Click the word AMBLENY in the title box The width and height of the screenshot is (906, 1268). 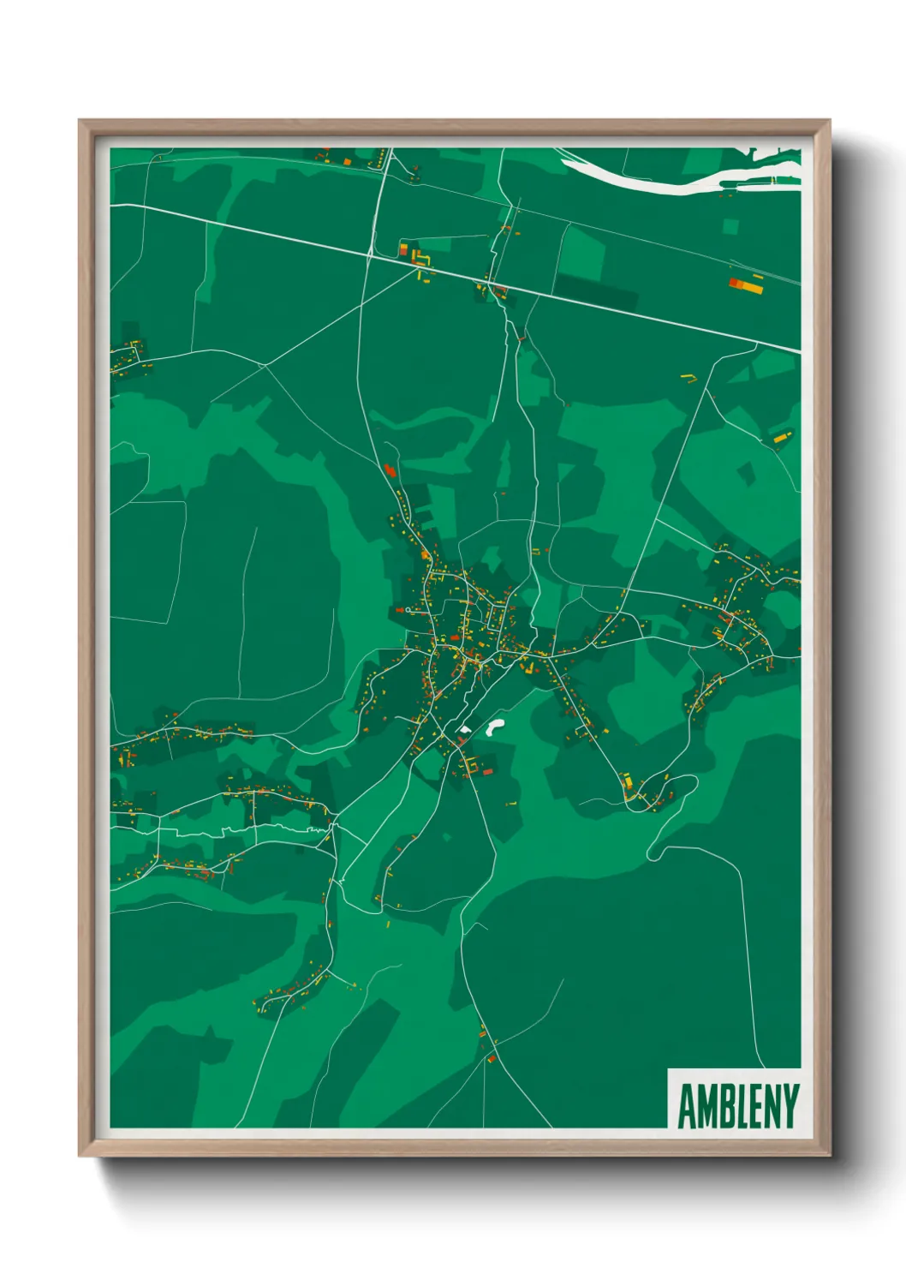tap(738, 1106)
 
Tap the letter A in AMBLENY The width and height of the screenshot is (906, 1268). tap(686, 1106)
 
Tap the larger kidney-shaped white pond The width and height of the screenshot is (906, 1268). tap(493, 728)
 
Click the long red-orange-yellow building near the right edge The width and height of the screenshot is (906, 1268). tap(746, 284)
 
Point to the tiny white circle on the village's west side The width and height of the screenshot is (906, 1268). tap(408, 610)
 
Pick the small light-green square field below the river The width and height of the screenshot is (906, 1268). tap(730, 227)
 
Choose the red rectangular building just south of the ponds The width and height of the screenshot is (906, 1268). tap(488, 772)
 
